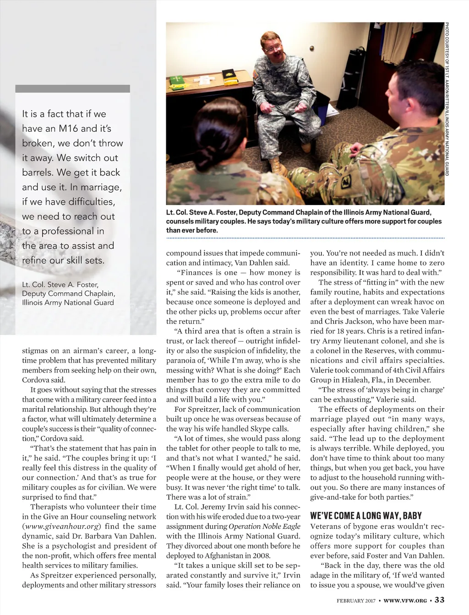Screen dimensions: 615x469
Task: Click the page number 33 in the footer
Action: [x=439, y=600]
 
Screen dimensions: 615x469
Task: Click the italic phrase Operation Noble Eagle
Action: [x=264, y=526]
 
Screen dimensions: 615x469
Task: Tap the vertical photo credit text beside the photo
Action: [x=447, y=98]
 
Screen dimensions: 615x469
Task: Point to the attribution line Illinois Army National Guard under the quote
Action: [x=68, y=302]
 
